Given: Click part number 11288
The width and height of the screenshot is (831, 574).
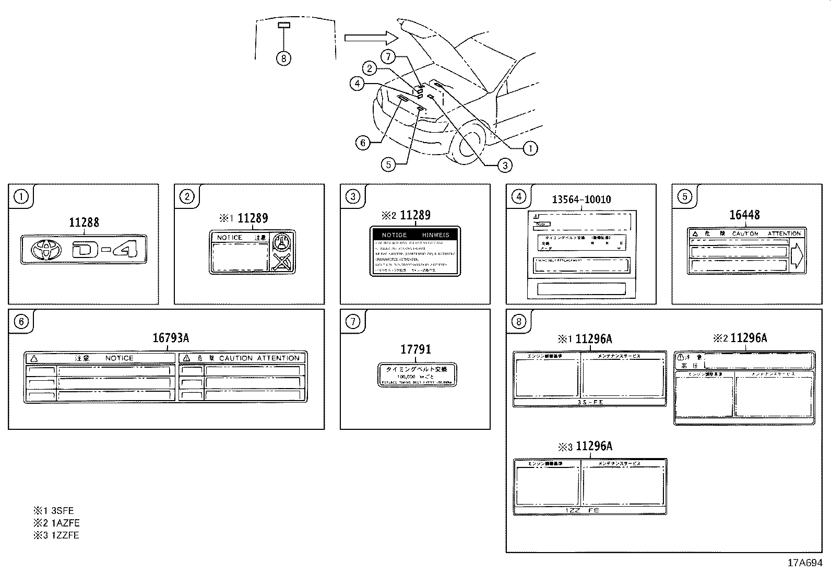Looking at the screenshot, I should click(x=84, y=222).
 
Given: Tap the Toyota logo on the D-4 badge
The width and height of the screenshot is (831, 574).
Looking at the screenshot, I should click(x=46, y=250).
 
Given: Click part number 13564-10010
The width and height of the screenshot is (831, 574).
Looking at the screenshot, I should click(x=581, y=200).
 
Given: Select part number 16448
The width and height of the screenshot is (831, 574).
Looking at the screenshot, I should click(x=744, y=215).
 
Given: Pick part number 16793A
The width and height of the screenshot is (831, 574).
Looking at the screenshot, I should click(x=171, y=338).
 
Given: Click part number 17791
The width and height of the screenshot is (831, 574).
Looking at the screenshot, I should click(x=416, y=349).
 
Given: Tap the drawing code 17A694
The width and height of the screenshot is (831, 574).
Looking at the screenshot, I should click(x=805, y=563).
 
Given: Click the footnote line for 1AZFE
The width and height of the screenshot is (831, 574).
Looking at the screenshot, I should click(x=57, y=523).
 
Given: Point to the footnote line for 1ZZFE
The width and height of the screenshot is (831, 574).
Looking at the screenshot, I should click(x=57, y=535).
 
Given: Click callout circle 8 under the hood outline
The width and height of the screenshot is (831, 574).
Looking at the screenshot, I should click(x=283, y=58).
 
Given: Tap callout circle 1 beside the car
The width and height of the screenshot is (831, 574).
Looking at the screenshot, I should click(x=530, y=148).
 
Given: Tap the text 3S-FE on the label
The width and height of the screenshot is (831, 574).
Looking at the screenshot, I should click(x=590, y=403).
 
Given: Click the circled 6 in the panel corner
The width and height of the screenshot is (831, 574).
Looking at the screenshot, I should click(x=20, y=321).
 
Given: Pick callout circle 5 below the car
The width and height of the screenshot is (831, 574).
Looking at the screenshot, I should click(x=388, y=165).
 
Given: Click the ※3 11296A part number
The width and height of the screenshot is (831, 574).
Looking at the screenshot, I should click(x=586, y=447).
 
